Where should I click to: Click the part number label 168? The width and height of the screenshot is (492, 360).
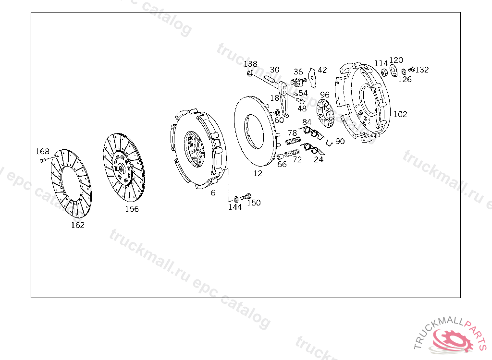click(x=43, y=152)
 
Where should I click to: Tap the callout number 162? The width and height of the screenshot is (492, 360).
click(x=78, y=225)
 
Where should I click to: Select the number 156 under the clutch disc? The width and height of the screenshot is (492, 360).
click(x=132, y=209)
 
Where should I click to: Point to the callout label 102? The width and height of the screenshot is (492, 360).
click(x=400, y=114)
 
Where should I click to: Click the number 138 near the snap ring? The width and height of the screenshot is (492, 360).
click(x=250, y=64)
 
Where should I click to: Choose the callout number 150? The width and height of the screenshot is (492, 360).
click(x=254, y=203)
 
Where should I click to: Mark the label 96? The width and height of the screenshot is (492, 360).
click(x=325, y=95)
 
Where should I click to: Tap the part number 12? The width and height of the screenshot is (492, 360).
click(x=258, y=173)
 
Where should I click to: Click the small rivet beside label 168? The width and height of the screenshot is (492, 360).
click(x=43, y=160)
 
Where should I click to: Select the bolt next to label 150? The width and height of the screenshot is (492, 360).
click(x=246, y=197)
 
